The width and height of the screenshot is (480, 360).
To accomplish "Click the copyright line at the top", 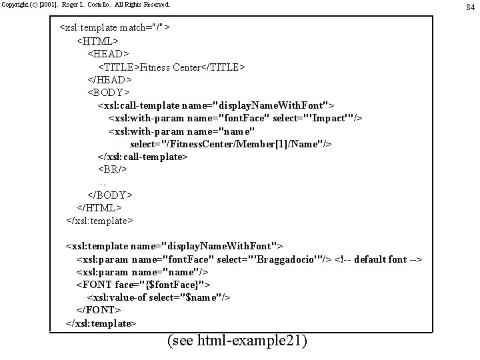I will click(85, 5).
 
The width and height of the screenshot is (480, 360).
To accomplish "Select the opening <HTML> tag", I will click(100, 41).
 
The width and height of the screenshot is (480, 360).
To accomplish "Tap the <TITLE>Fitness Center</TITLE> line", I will click(172, 67).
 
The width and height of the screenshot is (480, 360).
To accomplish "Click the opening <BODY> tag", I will click(109, 92).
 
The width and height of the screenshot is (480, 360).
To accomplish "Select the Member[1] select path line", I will click(231, 143).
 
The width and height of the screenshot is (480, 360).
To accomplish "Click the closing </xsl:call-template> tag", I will click(143, 156).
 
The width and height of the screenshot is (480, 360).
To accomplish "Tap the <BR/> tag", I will click(113, 169).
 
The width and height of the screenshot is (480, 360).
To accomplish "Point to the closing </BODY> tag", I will click(110, 195).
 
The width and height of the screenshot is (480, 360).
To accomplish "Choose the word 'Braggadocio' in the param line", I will click(291, 259).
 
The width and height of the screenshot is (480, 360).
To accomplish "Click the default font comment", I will click(378, 259).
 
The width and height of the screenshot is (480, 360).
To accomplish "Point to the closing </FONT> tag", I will click(99, 310).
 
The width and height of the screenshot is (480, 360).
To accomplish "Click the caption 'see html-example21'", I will click(238, 341).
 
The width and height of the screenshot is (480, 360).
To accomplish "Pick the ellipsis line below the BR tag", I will click(101, 182).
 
